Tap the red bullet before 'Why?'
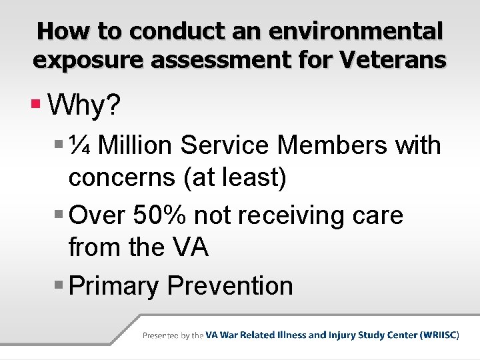tap(37, 104)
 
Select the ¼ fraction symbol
tap(83, 145)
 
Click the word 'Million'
tap(140, 145)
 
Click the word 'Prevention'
tap(230, 285)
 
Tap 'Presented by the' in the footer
tap(173, 335)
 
